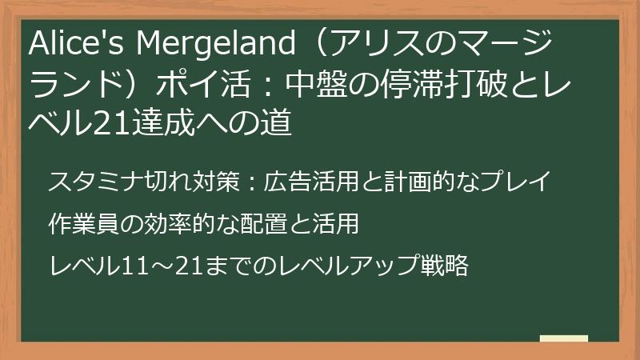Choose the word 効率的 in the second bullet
click(x=185, y=223)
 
